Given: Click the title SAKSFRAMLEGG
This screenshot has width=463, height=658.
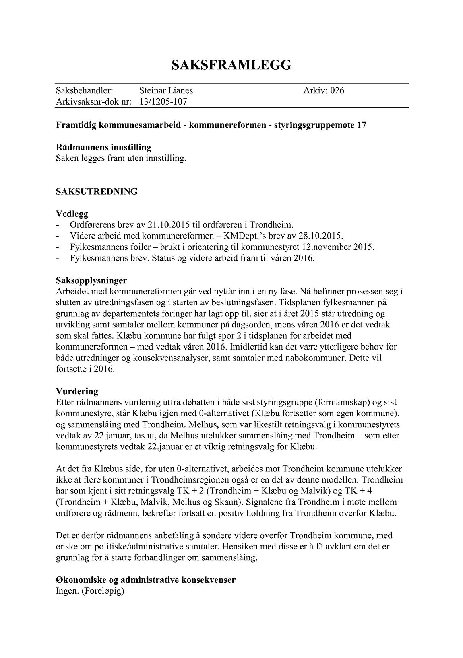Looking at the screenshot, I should point(231,65).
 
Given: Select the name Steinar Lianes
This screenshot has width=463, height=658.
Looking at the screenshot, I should point(166,90).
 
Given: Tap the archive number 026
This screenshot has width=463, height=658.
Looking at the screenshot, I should point(337,90).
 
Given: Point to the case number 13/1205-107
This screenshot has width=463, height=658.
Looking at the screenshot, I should point(163,102).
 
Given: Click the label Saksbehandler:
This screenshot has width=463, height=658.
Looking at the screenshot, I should point(85,90).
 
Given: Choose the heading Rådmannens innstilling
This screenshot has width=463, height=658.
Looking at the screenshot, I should point(103,147).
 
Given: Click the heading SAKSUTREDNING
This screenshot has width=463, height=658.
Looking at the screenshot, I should point(97,191).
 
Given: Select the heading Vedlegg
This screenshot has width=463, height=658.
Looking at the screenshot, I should point(72,214).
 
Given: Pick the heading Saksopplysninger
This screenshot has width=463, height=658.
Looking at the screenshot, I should point(91,280).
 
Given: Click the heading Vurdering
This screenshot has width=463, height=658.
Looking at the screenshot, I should point(77,391).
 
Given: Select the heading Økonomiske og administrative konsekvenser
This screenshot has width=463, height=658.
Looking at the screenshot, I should point(146,580).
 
